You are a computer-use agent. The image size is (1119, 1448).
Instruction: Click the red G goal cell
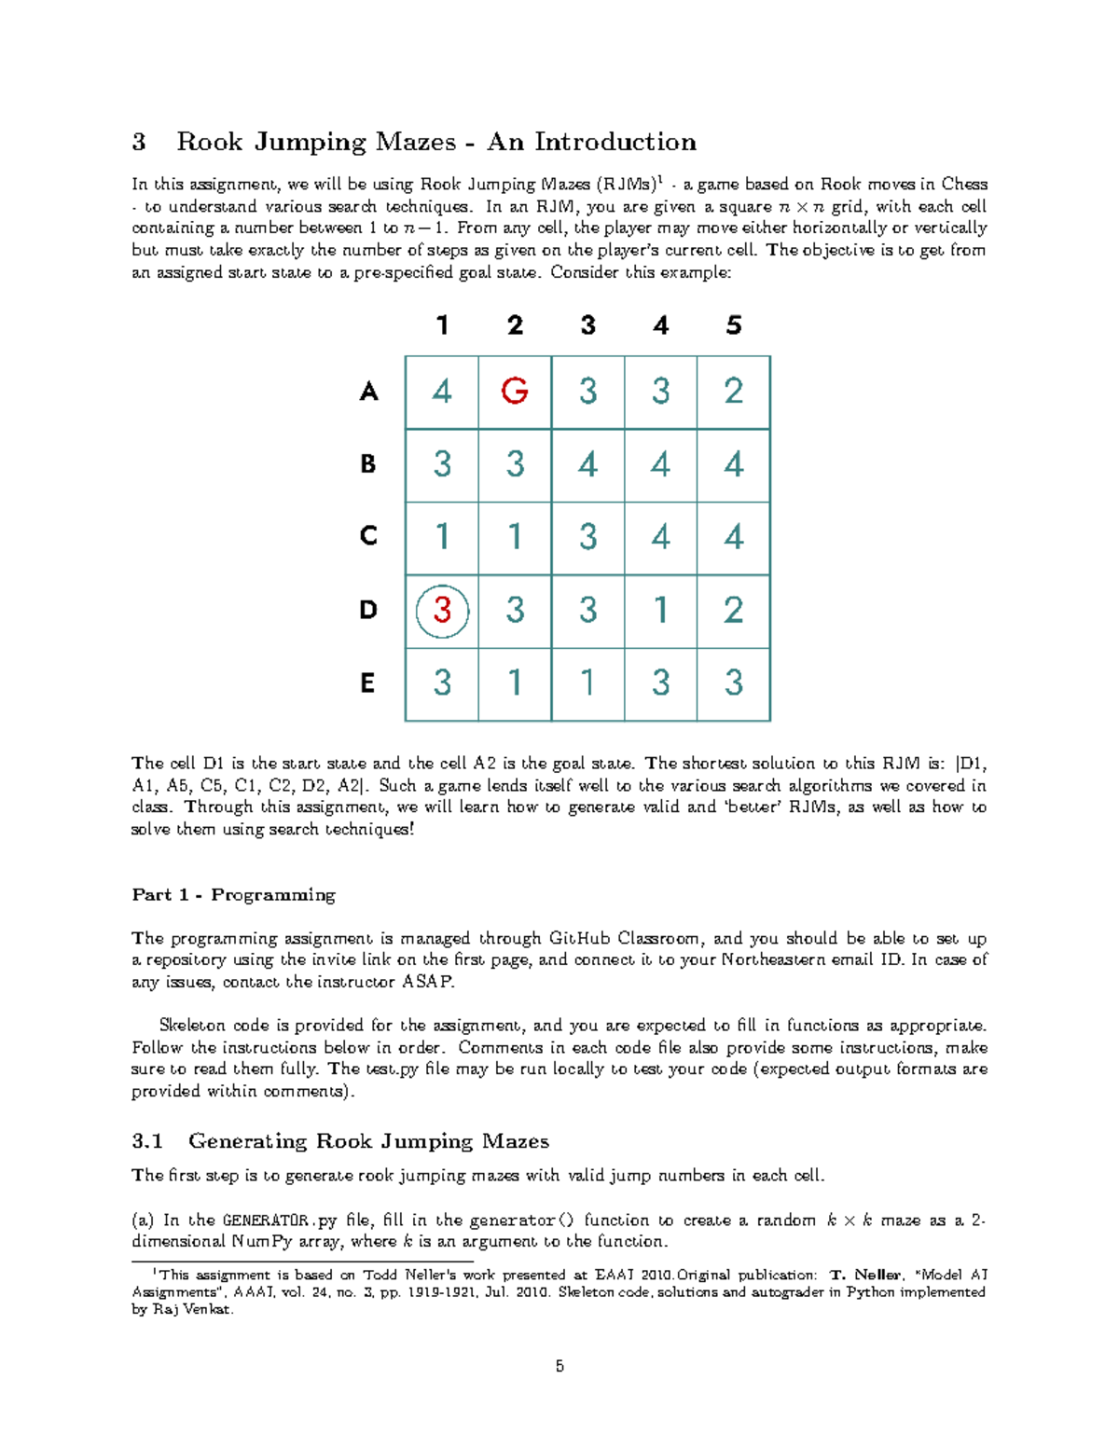click(x=515, y=391)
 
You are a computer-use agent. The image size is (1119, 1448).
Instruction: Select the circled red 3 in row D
click(x=442, y=610)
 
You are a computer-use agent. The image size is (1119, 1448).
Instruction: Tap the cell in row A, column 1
click(x=442, y=391)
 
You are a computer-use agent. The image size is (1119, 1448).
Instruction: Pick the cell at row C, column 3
click(x=587, y=537)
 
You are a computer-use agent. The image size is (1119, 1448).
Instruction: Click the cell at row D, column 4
click(x=660, y=610)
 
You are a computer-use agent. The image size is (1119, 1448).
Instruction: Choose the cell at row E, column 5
click(x=734, y=683)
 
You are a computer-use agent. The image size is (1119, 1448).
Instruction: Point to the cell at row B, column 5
click(x=734, y=463)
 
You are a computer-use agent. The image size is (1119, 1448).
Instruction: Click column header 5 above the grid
click(x=734, y=325)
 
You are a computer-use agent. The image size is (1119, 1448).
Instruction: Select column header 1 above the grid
click(x=442, y=325)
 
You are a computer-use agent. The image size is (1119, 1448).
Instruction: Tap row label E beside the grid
click(x=368, y=683)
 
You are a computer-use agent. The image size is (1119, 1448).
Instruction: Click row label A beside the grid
click(x=368, y=392)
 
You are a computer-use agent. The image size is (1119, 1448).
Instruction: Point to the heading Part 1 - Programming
click(x=233, y=895)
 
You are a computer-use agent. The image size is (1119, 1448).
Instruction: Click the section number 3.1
click(x=147, y=1141)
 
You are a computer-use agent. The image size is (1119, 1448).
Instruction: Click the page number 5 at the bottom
click(x=559, y=1367)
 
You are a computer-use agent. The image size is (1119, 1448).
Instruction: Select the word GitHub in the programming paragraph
click(x=579, y=939)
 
